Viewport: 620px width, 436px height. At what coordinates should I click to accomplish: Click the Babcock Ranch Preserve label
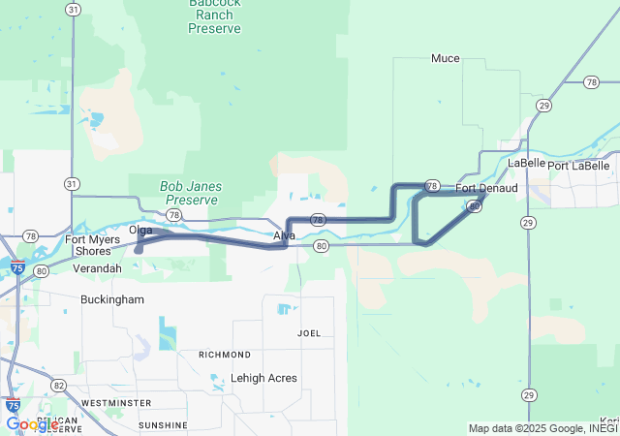point(214,16)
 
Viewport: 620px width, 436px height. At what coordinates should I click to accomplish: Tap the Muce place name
point(446,58)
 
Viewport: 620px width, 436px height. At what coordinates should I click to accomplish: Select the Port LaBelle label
point(578,166)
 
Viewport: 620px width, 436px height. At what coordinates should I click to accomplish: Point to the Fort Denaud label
point(486,187)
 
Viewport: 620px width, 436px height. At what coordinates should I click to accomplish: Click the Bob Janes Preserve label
point(191,193)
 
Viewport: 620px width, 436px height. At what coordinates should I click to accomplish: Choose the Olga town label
point(141,230)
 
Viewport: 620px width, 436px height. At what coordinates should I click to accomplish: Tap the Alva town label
point(284,235)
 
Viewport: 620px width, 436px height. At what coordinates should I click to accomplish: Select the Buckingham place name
point(112,299)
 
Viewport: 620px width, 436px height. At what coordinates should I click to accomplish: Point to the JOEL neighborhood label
point(309,333)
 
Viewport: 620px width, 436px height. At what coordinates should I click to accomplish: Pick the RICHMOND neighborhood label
point(225,355)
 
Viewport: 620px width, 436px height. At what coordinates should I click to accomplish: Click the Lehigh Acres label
point(264,378)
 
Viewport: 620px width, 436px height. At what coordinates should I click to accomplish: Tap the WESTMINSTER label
point(116,402)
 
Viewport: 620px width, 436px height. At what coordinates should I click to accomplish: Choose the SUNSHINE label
point(163,425)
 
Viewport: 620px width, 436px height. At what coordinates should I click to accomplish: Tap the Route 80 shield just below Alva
point(322,247)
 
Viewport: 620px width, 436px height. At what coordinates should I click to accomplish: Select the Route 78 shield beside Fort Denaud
point(432,185)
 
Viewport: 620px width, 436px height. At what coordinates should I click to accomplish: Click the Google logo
point(32,424)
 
